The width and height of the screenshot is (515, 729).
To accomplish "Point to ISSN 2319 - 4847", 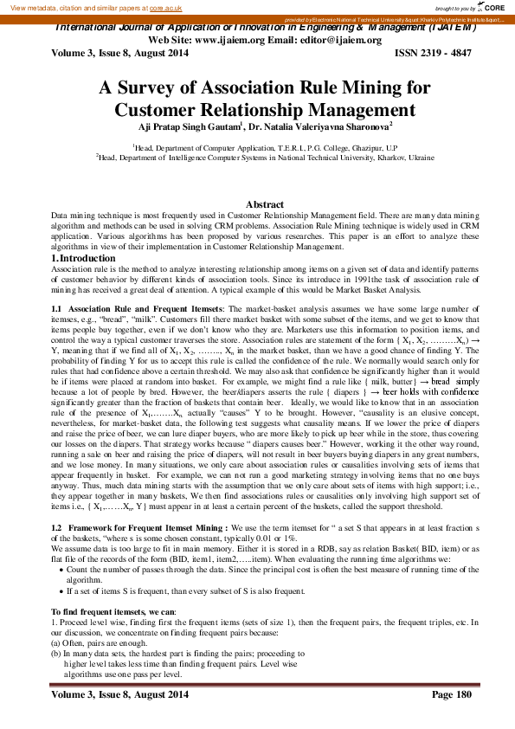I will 434,53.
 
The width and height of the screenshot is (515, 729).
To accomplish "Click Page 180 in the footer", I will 451,694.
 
